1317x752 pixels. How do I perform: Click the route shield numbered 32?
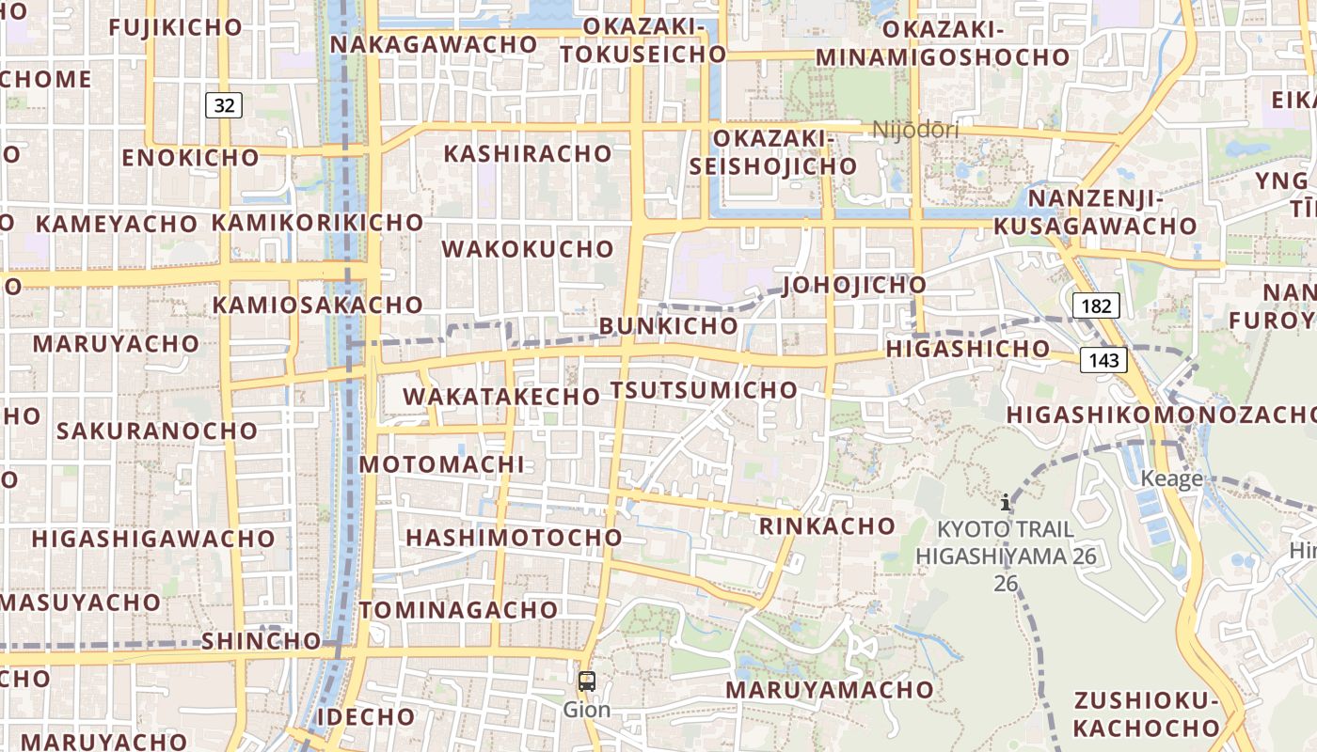point(224,105)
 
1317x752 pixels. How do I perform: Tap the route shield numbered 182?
point(1096,305)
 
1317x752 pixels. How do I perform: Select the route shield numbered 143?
point(1104,360)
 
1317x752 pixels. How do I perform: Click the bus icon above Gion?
point(587,681)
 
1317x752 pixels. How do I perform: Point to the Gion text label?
point(587,710)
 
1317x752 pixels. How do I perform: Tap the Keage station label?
point(1171,478)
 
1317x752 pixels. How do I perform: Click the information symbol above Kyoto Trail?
point(1006,502)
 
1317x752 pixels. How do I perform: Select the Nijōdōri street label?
point(915,130)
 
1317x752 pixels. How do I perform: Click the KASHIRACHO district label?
point(527,153)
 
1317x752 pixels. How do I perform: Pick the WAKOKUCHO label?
point(528,249)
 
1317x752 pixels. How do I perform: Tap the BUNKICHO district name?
point(668,325)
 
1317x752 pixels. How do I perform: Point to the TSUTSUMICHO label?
point(704,390)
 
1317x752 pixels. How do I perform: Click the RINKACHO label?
point(828,525)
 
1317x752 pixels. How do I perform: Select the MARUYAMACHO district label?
point(829,690)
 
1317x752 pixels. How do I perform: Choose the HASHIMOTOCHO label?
point(514,538)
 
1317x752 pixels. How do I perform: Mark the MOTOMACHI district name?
point(441,464)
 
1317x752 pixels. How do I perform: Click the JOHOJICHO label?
point(854,285)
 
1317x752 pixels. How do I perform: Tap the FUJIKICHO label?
point(176,27)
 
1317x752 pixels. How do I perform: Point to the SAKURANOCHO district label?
point(157,431)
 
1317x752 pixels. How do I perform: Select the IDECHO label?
point(365,716)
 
